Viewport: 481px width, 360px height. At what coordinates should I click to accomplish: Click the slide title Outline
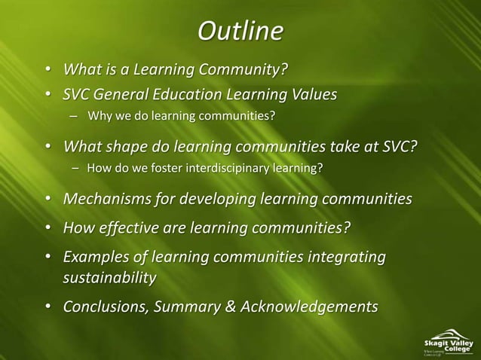[x=240, y=32]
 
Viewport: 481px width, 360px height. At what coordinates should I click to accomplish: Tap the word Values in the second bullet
[x=311, y=96]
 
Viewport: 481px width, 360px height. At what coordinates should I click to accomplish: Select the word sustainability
[x=110, y=279]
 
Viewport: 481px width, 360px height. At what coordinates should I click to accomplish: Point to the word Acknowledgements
[x=313, y=307]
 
